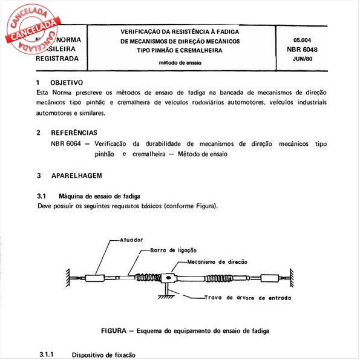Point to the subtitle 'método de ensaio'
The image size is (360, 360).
[180, 62]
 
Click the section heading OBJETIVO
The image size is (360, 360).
[67, 82]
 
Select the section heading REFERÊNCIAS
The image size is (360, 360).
[74, 132]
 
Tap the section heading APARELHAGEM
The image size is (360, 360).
[76, 175]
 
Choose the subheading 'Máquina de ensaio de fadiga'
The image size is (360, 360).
[100, 197]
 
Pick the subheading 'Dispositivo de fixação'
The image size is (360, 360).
[103, 355]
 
